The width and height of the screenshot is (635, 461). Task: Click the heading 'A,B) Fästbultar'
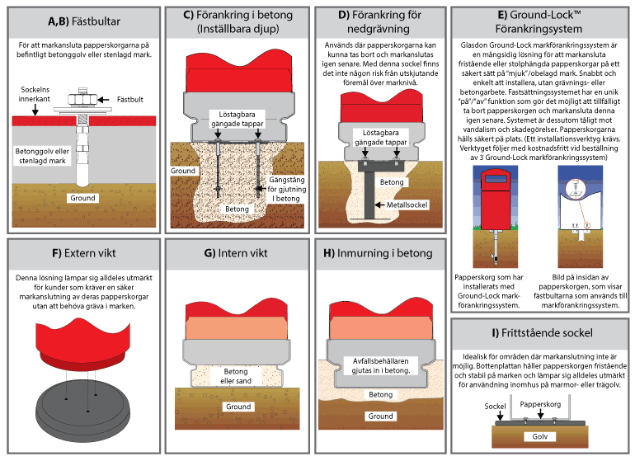(x=84, y=21)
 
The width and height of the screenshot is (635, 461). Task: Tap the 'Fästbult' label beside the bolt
(x=130, y=100)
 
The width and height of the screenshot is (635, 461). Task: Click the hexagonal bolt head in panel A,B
(x=82, y=99)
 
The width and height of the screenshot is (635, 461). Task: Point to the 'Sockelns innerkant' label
(x=35, y=94)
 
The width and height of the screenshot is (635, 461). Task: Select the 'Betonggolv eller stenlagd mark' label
(x=42, y=156)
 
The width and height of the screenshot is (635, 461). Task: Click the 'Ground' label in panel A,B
(x=82, y=198)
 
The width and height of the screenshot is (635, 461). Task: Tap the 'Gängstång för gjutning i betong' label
(x=286, y=189)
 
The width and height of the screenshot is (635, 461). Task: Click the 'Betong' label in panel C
(x=237, y=209)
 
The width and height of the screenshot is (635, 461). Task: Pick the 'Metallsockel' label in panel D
(x=407, y=205)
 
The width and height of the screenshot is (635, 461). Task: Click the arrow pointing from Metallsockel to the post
(x=379, y=205)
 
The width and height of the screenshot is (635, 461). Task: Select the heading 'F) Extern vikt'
(x=84, y=253)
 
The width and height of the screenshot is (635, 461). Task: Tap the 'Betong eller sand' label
(x=236, y=376)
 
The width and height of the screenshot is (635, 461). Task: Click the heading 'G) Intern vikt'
(x=236, y=253)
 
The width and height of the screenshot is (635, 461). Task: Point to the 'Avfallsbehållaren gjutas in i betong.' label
(x=381, y=365)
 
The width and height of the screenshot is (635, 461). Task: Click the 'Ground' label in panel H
(x=380, y=416)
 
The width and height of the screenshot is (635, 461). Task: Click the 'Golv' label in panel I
(x=540, y=437)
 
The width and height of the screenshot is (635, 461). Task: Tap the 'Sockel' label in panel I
(x=495, y=407)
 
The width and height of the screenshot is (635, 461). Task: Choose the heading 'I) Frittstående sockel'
(x=542, y=333)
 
